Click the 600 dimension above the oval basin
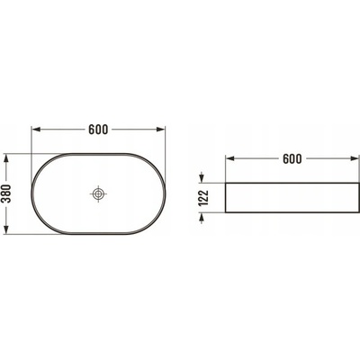click(x=98, y=130)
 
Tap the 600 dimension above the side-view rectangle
click(x=292, y=158)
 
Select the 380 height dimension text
click(x=6, y=193)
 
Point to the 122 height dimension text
click(x=203, y=198)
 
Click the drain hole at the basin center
click(x=98, y=193)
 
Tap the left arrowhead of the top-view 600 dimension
click(x=36, y=130)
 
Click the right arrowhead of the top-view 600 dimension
click(x=161, y=130)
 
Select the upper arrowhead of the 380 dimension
click(x=6, y=158)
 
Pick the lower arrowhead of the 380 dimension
click(x=6, y=229)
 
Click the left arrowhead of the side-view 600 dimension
click(x=229, y=158)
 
